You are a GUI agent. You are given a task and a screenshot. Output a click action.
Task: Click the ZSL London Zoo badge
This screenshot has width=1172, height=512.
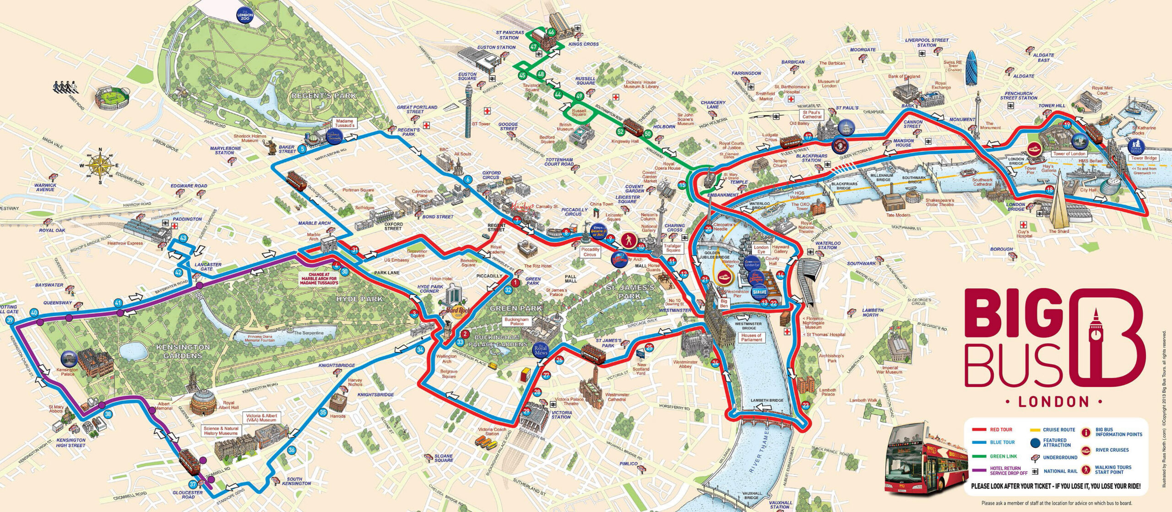(244, 16)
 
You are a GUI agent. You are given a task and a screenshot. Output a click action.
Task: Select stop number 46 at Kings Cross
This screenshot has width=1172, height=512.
(551, 32)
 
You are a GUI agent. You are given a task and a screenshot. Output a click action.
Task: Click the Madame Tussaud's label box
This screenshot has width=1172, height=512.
(345, 123)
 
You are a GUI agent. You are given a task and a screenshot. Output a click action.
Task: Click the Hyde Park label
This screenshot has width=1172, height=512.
(359, 299)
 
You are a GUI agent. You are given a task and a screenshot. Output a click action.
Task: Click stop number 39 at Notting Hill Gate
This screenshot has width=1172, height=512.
(11, 320)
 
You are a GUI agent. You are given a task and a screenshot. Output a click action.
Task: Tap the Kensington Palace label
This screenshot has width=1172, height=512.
(67, 372)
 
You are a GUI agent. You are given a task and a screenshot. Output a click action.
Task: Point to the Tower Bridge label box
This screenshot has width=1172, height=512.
(1144, 158)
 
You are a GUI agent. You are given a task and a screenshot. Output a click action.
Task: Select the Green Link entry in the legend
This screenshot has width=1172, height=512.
(1003, 456)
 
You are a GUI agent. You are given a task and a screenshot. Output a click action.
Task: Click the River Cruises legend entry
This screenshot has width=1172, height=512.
(1112, 450)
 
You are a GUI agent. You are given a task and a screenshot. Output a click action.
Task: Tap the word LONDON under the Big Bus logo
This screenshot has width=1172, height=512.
(1053, 402)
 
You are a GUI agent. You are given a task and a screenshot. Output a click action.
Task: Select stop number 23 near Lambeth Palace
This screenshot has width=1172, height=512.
(805, 404)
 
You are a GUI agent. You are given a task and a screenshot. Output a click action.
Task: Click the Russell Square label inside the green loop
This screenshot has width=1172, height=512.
(579, 112)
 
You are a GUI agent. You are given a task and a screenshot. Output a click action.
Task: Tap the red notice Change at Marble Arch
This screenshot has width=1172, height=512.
(319, 279)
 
